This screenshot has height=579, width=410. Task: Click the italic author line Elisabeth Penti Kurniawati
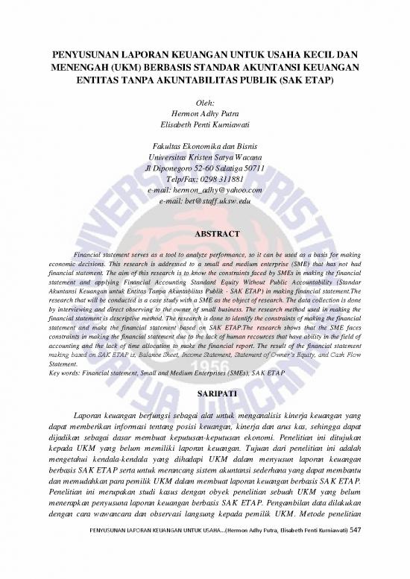click(x=205, y=125)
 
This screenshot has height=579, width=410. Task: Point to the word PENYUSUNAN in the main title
click(x=86, y=54)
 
